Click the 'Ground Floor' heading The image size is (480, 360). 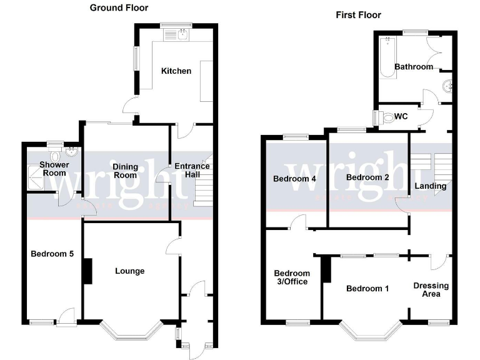click(119, 7)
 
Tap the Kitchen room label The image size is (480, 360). click(176, 71)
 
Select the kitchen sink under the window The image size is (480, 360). click(179, 36)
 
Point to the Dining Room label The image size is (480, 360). click(125, 171)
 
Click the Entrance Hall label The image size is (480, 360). click(192, 171)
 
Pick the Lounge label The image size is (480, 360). click(129, 271)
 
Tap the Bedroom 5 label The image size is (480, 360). click(52, 254)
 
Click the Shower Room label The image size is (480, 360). click(53, 169)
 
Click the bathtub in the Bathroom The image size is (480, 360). click(387, 57)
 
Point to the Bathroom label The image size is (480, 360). click(413, 67)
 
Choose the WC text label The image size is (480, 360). click(401, 117)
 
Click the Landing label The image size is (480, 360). click(431, 186)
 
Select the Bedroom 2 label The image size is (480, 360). click(367, 177)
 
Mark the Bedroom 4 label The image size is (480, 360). click(294, 179)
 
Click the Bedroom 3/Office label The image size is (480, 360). click(292, 277)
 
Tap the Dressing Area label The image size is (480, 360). click(431, 289)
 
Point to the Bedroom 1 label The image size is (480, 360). click(367, 288)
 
